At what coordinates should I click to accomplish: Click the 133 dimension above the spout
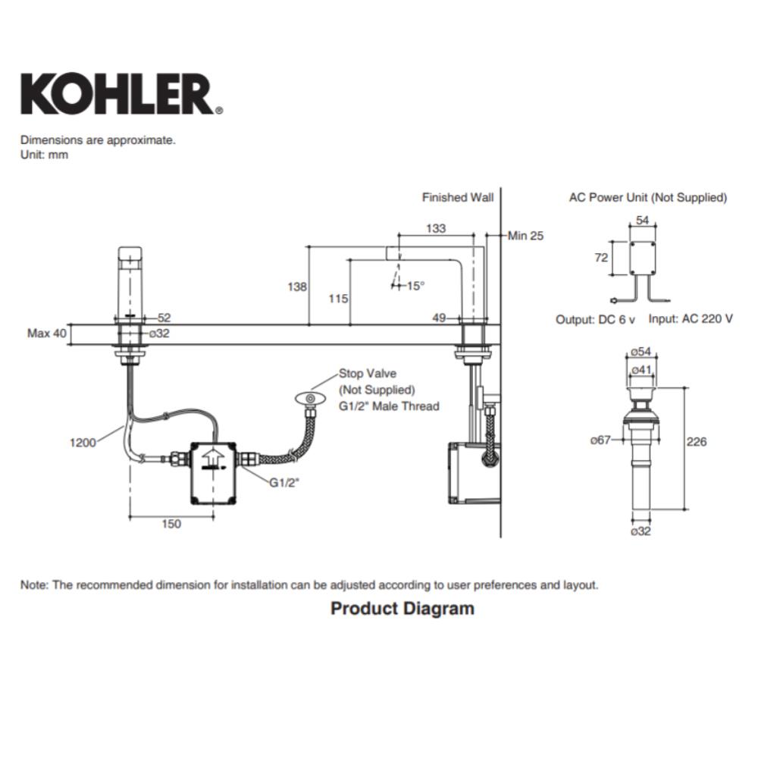click(435, 229)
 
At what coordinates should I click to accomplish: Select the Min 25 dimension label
click(525, 236)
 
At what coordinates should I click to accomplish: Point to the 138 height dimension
click(298, 287)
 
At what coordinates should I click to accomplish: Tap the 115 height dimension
click(339, 299)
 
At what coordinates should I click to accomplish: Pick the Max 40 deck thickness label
click(47, 333)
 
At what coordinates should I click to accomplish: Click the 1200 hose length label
click(83, 443)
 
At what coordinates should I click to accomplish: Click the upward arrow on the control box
click(213, 456)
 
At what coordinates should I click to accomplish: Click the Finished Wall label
click(458, 198)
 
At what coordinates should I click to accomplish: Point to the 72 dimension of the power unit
click(600, 258)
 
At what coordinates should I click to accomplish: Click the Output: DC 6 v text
click(595, 319)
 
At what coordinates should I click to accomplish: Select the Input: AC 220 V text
click(690, 318)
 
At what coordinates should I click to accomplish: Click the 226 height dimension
click(697, 442)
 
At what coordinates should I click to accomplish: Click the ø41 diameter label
click(641, 369)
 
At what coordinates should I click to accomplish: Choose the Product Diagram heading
click(402, 608)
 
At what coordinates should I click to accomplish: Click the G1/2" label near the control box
click(284, 481)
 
